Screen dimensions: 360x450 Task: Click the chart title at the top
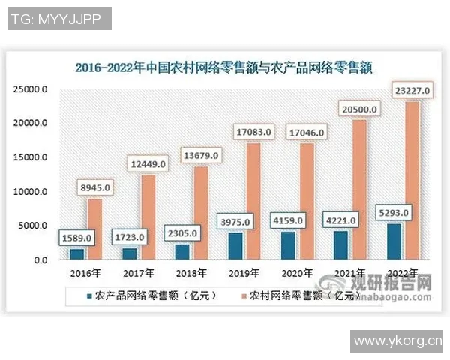(x=224, y=66)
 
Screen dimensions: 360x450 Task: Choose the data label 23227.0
(x=410, y=91)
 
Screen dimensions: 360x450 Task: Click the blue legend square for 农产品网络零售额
(x=90, y=295)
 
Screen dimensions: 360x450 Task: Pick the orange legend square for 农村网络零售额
(x=243, y=295)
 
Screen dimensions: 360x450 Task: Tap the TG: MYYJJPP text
(x=58, y=18)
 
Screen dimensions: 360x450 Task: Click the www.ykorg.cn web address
(x=398, y=342)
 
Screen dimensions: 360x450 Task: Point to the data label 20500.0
(x=358, y=109)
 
